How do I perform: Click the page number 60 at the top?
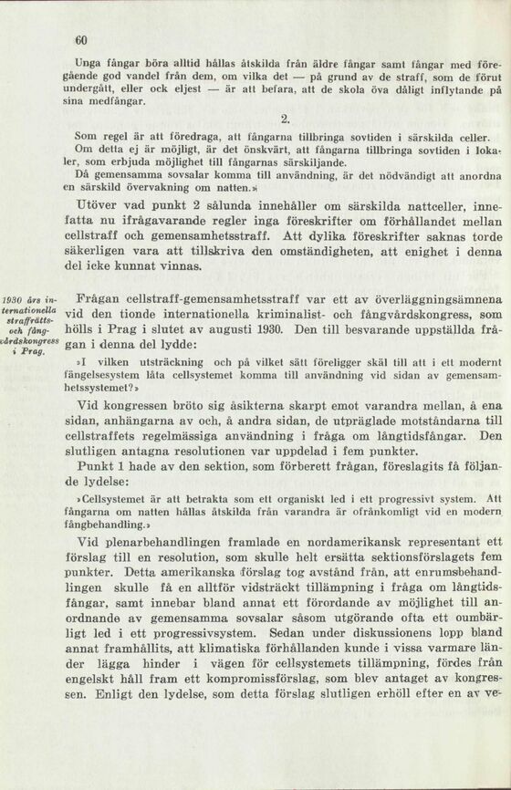pos(80,41)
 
